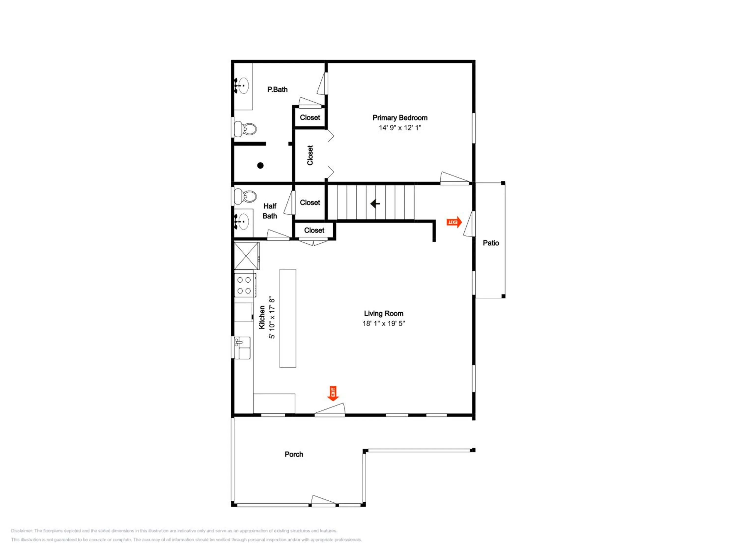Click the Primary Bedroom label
[400, 118]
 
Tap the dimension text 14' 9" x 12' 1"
[400, 128]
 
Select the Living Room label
[383, 313]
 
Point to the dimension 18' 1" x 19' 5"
[383, 323]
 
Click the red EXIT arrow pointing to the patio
[454, 222]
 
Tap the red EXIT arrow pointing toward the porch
[333, 393]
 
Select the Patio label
[491, 243]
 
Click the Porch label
[294, 454]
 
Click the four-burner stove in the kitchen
[245, 285]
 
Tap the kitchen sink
[242, 348]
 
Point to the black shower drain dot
[261, 165]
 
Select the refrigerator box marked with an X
[247, 256]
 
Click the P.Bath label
[277, 89]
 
